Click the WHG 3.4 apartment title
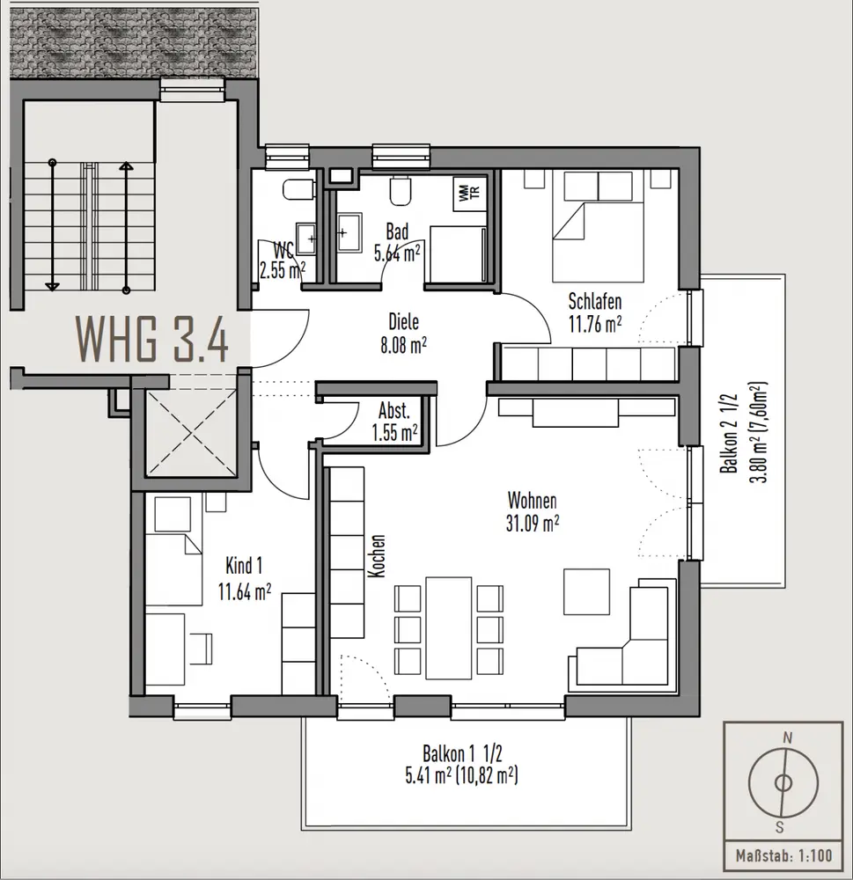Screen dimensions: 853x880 coord(152,339)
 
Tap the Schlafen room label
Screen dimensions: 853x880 coord(595,301)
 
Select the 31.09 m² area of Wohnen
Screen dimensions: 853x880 coord(533,524)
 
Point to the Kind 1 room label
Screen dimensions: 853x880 coord(244,566)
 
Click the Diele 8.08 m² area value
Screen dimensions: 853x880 coord(403,345)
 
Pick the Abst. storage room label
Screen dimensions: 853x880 coord(394,411)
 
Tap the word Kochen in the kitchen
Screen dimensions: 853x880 coord(378,555)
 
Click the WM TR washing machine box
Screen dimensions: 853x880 coord(470,194)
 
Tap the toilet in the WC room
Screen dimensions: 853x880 coord(298,190)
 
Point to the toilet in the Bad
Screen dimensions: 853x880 coord(400,190)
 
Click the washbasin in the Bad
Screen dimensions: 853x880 coord(349,232)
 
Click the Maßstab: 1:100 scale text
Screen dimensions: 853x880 coord(783,856)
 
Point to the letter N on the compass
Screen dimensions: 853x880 coord(787,737)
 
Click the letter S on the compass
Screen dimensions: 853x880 coord(779,826)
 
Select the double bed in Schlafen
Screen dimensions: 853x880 coord(598,227)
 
